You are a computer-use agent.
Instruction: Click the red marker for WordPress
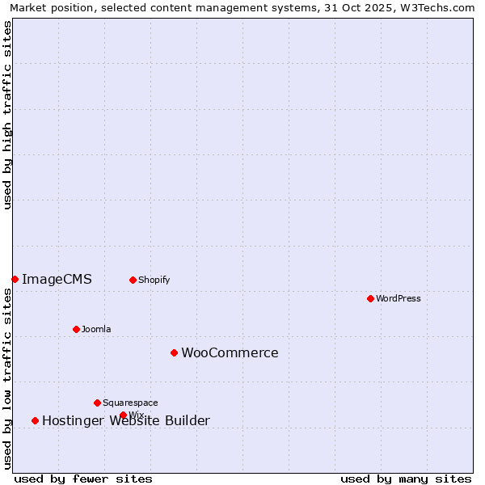click(x=370, y=298)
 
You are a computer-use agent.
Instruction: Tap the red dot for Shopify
click(x=133, y=280)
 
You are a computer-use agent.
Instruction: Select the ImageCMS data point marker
click(x=15, y=279)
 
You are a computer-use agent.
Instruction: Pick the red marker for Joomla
click(x=76, y=329)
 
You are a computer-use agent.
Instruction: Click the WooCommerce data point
click(x=174, y=352)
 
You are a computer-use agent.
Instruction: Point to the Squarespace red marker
click(x=97, y=403)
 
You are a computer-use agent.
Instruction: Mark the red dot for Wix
click(x=123, y=415)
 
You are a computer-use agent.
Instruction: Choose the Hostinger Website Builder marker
click(x=35, y=420)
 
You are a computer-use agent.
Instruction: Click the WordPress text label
click(x=399, y=298)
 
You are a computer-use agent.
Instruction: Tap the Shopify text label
click(x=154, y=280)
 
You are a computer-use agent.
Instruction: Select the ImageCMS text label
click(x=57, y=280)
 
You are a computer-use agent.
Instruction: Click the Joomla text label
click(x=96, y=329)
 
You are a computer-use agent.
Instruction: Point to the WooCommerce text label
click(x=230, y=353)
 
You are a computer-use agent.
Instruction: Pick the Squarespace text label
click(x=130, y=403)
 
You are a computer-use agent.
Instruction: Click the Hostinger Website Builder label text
click(x=126, y=421)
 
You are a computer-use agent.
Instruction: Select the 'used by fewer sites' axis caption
click(x=83, y=479)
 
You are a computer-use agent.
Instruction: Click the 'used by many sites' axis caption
click(x=406, y=479)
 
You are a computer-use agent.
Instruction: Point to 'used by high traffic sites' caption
click(x=8, y=115)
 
